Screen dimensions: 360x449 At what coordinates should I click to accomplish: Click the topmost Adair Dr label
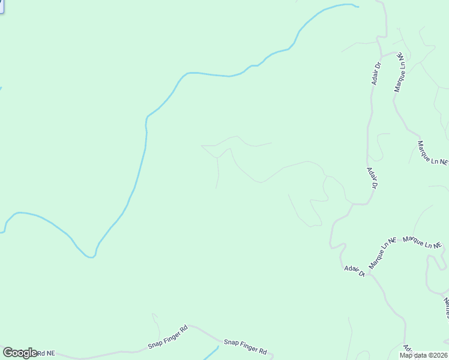[x=376, y=73]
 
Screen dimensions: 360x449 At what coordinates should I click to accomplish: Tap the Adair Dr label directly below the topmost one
[x=372, y=178]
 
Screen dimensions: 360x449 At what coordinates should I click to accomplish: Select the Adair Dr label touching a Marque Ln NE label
[x=354, y=270]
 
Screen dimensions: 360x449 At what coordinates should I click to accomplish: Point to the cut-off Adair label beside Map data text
[x=407, y=348]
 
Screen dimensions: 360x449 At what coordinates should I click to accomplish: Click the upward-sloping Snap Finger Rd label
[x=167, y=338]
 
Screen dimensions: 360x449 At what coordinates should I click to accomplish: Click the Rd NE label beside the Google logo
[x=46, y=353]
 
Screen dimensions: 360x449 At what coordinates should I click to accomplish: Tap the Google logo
[x=20, y=353]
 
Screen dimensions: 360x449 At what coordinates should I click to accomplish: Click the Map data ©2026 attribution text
[x=423, y=355]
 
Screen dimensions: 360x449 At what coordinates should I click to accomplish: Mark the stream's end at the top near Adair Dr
[x=357, y=7]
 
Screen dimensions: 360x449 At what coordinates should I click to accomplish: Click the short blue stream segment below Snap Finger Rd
[x=211, y=353]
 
